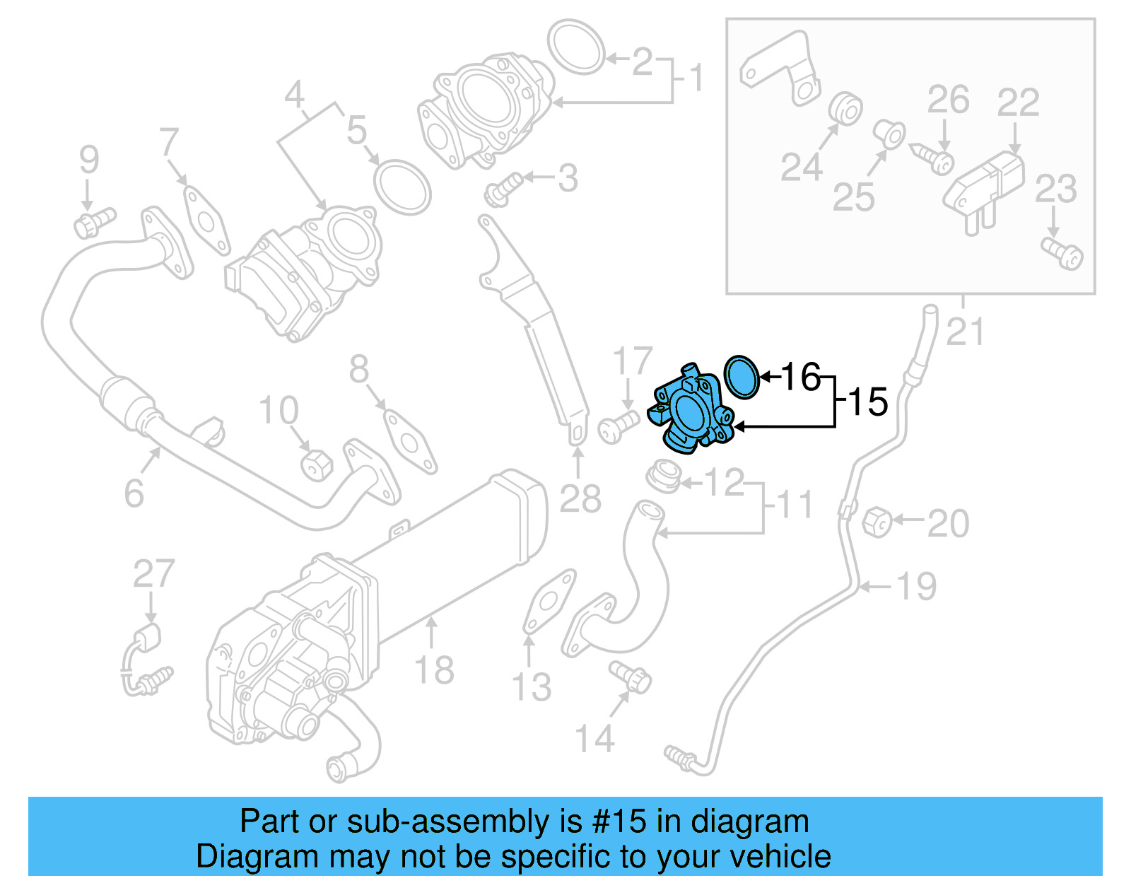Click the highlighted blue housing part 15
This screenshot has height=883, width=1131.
click(689, 414)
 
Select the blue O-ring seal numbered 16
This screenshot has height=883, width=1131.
click(742, 377)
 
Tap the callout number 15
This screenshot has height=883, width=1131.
click(867, 402)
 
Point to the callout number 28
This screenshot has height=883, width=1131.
click(580, 499)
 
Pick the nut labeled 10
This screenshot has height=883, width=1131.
click(315, 464)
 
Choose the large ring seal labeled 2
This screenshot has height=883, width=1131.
click(577, 46)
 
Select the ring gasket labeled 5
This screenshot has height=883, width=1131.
click(402, 187)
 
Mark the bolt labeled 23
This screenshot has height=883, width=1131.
click(1062, 253)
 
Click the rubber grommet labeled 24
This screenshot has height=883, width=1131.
click(844, 107)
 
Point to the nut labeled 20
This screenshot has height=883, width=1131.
click(877, 522)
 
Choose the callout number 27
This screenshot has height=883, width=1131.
click(153, 573)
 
